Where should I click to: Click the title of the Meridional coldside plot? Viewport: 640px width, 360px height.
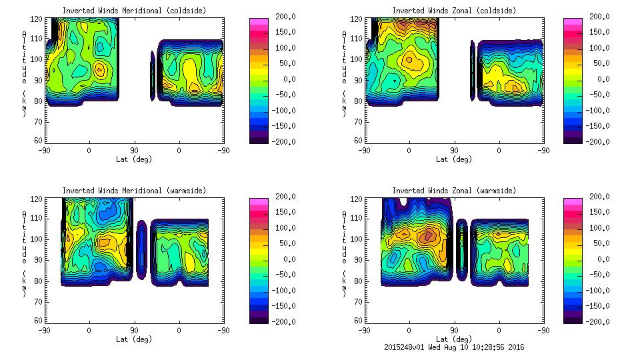click(134, 10)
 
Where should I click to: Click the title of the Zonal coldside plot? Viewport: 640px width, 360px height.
click(454, 10)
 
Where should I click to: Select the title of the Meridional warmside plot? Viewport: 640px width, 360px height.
click(134, 190)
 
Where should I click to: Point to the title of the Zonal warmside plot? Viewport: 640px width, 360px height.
click(454, 190)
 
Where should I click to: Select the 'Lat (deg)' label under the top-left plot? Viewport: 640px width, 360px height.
click(134, 159)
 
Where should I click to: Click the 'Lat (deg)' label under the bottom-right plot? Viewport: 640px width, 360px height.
click(454, 339)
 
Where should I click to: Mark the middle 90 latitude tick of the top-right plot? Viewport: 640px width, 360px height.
click(454, 150)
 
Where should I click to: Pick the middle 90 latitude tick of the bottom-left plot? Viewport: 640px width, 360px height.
click(134, 330)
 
